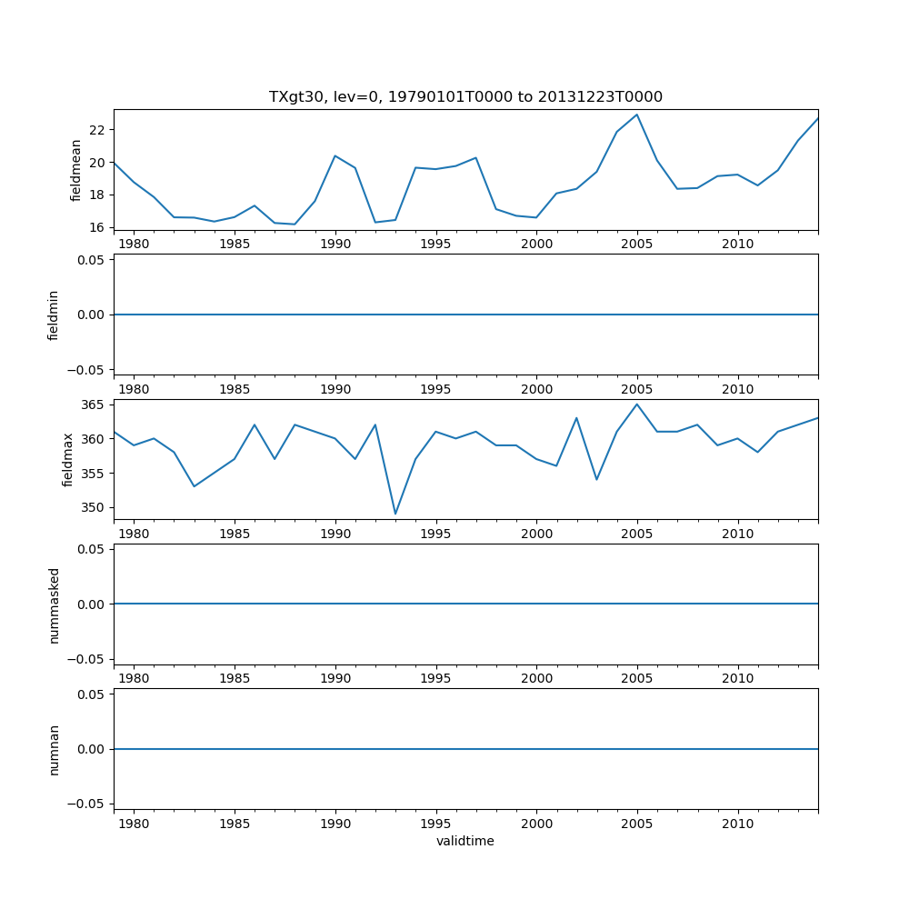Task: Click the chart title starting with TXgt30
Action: tap(465, 97)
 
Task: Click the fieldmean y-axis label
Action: tap(76, 170)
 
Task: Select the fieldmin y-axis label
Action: tap(54, 315)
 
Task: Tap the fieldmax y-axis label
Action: tap(68, 459)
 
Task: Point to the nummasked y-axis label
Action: tap(54, 604)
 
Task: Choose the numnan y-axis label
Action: tap(54, 749)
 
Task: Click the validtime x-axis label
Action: tap(465, 841)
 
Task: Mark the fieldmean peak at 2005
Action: tap(637, 115)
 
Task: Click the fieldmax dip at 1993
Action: tap(395, 514)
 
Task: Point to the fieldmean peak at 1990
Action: tap(335, 155)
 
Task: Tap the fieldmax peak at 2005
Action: tap(637, 405)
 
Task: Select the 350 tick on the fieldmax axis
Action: tap(94, 507)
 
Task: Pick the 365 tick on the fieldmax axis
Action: tap(94, 405)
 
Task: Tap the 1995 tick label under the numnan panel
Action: tap(436, 824)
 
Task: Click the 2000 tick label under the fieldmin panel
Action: tap(536, 389)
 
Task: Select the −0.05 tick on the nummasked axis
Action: tap(89, 659)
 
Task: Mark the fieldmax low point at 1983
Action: tap(194, 486)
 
